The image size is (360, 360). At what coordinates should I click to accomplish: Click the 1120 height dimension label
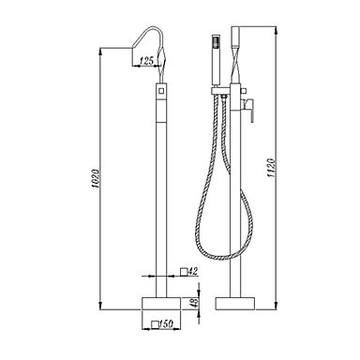(x=271, y=168)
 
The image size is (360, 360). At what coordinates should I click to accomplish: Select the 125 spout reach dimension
(x=146, y=61)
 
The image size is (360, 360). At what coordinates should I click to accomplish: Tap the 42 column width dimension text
(x=193, y=271)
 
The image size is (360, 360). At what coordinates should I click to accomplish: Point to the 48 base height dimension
(x=194, y=303)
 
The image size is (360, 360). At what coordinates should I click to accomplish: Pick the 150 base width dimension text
(x=166, y=324)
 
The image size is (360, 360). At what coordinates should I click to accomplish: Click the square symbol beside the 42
(x=185, y=272)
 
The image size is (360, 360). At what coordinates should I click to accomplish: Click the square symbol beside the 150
(x=155, y=324)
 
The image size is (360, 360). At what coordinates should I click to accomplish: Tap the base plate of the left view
(x=161, y=303)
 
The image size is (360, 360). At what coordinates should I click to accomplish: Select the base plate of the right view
(x=235, y=303)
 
